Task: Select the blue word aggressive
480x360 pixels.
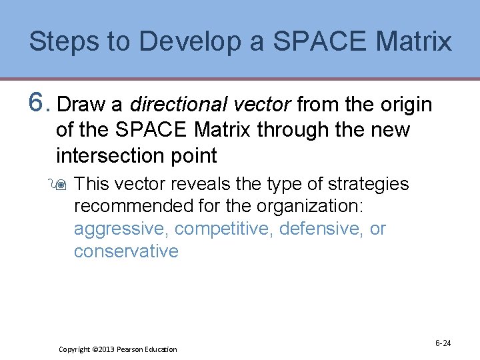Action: [121, 229]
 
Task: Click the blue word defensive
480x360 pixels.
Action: [321, 229]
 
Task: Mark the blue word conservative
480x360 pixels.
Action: [126, 251]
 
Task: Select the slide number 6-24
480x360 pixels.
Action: [443, 343]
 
